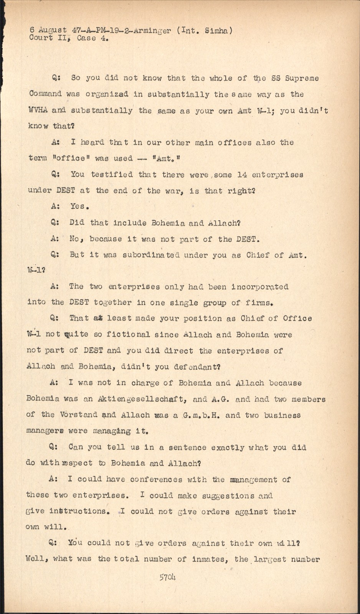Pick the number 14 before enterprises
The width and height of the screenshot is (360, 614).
(241, 175)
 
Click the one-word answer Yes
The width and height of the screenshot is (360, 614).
(79, 206)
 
